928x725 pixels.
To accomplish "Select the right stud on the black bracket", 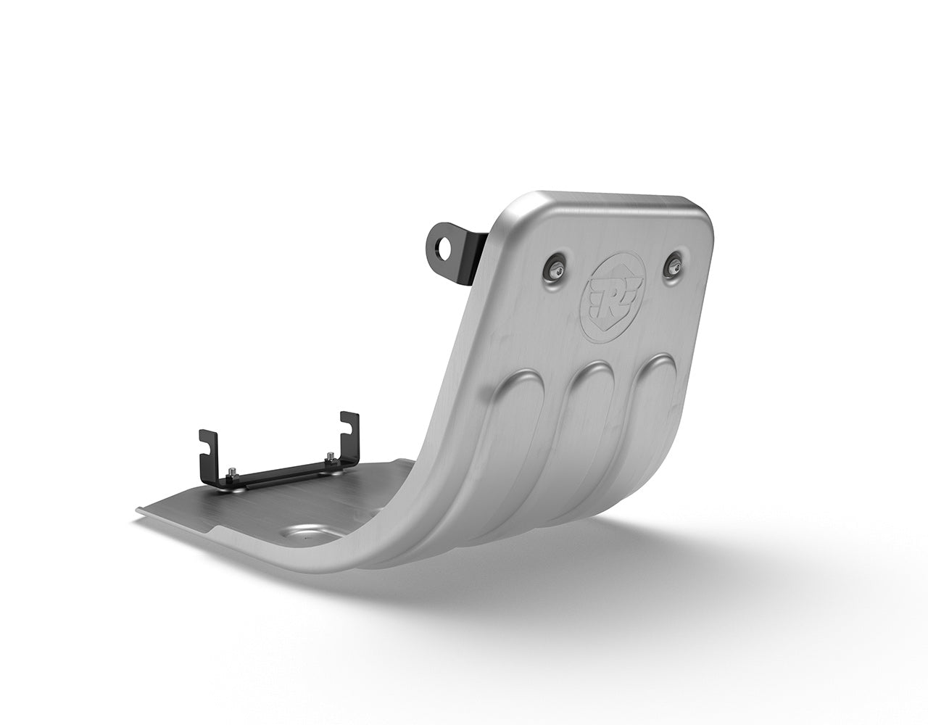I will point(331,458).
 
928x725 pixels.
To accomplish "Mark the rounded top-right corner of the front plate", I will point(700,210).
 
